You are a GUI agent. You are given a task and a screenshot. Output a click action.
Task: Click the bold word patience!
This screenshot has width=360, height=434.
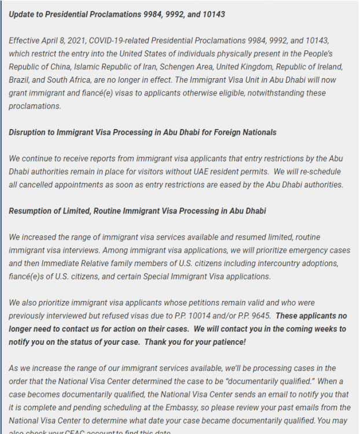pyautogui.click(x=227, y=342)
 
